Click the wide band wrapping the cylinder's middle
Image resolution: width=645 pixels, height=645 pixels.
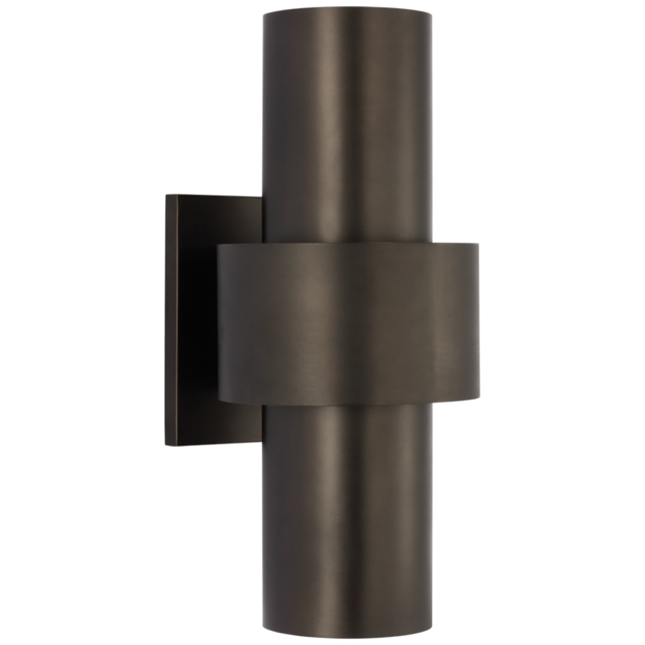pos(348,326)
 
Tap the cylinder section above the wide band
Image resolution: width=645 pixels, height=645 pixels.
pos(348,133)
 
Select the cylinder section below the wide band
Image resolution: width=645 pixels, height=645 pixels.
pos(348,519)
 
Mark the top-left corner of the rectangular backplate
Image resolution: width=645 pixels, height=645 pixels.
pos(166,194)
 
